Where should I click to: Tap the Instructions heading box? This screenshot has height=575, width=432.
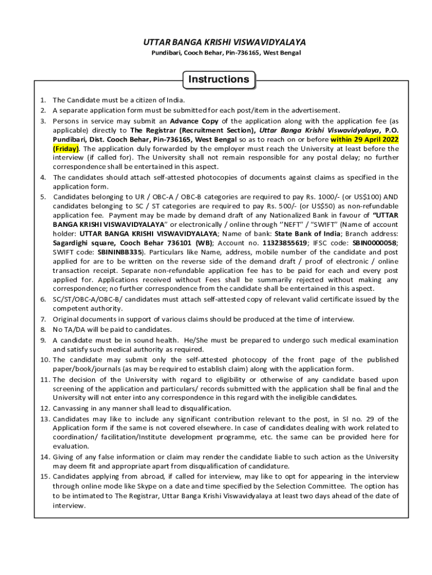point(219,79)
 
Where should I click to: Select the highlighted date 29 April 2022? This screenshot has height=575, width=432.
point(371,139)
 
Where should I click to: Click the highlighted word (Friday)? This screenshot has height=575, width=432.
point(66,149)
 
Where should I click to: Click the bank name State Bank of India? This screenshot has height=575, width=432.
point(310,234)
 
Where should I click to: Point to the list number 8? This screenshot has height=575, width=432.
point(43,330)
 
